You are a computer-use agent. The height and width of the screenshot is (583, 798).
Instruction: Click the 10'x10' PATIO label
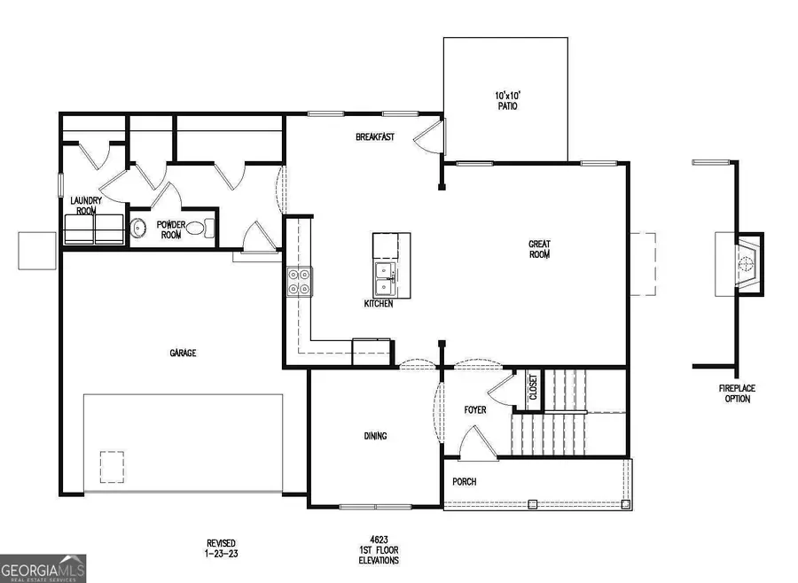506,100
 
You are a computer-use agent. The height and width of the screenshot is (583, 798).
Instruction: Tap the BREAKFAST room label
374,137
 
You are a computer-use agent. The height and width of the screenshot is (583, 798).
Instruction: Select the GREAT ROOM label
539,249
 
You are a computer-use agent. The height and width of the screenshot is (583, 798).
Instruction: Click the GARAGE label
184,353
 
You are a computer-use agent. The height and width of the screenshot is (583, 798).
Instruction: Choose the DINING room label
375,436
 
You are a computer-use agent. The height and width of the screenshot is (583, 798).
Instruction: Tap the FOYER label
475,410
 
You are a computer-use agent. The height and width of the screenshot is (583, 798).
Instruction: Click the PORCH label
464,482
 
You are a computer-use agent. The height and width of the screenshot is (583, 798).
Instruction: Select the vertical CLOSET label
534,391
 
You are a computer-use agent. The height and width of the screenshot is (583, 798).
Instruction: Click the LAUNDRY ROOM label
86,206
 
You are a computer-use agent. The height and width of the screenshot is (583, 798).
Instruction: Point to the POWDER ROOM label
169,230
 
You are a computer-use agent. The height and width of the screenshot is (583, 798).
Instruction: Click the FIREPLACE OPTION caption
735,393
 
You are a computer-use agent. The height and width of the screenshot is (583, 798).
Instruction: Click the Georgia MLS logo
43,568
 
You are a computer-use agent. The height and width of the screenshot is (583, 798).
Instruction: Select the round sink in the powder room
139,229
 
